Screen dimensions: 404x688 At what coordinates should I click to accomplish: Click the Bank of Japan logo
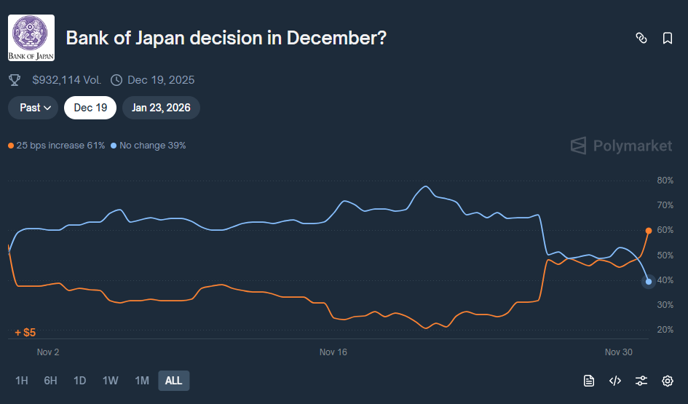pyautogui.click(x=31, y=38)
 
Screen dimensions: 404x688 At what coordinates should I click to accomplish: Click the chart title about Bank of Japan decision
pyautogui.click(x=226, y=39)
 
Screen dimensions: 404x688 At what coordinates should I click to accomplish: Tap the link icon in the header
pyautogui.click(x=641, y=39)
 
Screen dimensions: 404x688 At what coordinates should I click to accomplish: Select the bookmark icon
pyautogui.click(x=667, y=39)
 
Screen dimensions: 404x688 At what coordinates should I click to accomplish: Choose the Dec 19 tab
pyautogui.click(x=91, y=108)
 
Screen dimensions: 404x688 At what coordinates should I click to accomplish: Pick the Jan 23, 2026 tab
pyautogui.click(x=161, y=108)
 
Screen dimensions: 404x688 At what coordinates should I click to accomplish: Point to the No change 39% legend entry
pyautogui.click(x=149, y=146)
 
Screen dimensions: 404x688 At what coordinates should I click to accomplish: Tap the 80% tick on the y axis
pyautogui.click(x=665, y=181)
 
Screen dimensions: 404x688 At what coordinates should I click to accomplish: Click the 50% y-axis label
pyautogui.click(x=665, y=256)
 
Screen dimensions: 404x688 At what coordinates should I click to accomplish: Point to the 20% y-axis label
pyautogui.click(x=665, y=330)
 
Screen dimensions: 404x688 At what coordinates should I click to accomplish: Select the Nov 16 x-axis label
pyautogui.click(x=333, y=352)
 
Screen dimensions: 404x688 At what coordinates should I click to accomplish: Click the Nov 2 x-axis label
pyautogui.click(x=48, y=352)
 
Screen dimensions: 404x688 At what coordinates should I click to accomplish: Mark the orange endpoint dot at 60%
pyautogui.click(x=649, y=231)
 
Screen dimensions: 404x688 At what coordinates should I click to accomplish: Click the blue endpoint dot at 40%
pyautogui.click(x=649, y=282)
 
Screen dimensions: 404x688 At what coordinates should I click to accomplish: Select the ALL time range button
pyautogui.click(x=173, y=381)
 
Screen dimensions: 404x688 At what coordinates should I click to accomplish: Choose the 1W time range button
pyautogui.click(x=111, y=381)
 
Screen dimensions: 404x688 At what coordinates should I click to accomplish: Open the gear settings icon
pyautogui.click(x=667, y=381)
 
